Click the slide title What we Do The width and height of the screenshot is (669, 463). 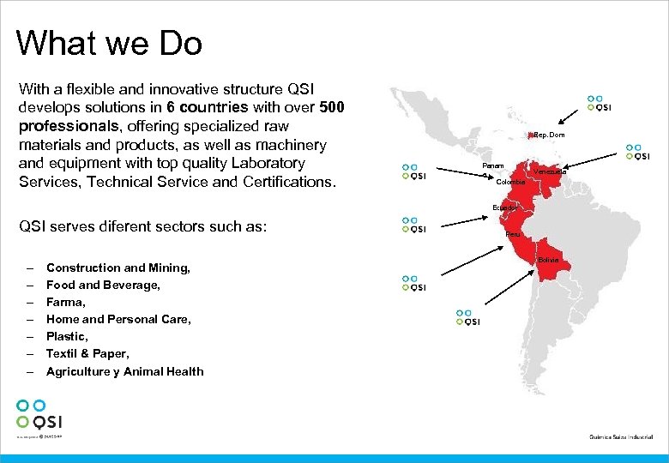(109, 43)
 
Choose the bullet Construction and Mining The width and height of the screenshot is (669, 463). (118, 268)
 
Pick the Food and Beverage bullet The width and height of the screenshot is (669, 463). (103, 285)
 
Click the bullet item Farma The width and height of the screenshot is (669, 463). (66, 302)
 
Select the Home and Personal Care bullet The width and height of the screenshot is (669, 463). (118, 319)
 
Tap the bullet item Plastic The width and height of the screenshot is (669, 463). (67, 336)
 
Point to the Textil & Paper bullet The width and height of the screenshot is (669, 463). (87, 353)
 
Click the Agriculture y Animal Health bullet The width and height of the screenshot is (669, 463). (124, 371)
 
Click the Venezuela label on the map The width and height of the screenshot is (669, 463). (549, 171)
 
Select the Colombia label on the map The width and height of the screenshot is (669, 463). (510, 182)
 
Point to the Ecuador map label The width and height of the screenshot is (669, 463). (504, 207)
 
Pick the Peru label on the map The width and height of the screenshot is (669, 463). (512, 233)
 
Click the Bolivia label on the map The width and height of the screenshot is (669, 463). (549, 259)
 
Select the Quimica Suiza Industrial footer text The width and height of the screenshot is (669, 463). (622, 437)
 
